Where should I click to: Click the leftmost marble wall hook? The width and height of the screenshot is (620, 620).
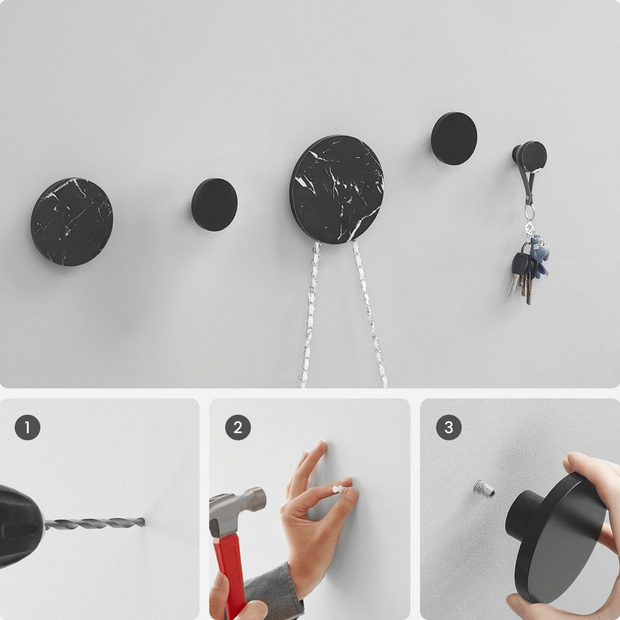point(72,221)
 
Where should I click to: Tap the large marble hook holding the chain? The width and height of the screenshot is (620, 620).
point(337,189)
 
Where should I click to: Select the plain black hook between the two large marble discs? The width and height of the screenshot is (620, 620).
point(215,205)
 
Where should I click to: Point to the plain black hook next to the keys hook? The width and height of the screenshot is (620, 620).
point(454,138)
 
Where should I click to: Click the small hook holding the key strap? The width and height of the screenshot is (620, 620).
point(530,157)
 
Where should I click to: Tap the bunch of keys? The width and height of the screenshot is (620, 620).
point(521,277)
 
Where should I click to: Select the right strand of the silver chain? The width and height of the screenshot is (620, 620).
point(370,314)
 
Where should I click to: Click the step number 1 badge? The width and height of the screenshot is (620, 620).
point(27,427)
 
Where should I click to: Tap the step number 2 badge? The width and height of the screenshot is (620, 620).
point(238,427)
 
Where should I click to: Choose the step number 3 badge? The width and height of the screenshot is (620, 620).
point(449,427)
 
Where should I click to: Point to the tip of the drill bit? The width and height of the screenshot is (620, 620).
point(144,522)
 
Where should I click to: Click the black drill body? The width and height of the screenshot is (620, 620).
point(20,526)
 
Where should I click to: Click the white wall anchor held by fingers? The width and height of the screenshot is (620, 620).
point(340,489)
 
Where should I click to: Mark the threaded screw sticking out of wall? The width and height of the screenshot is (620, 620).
point(484,489)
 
